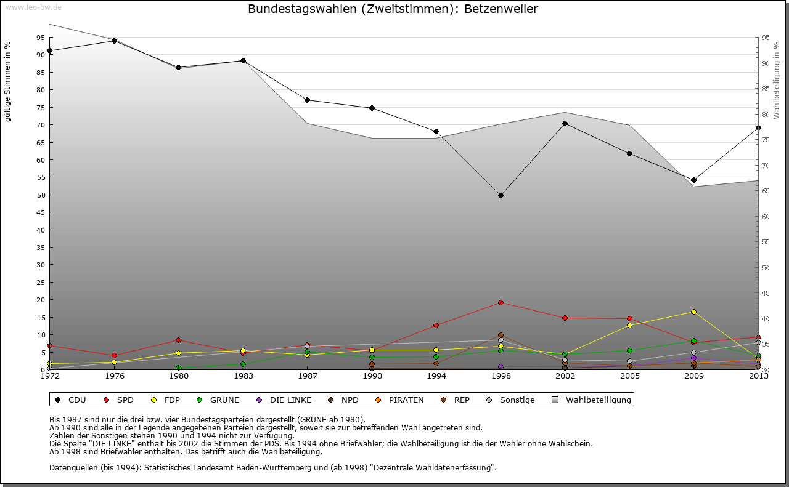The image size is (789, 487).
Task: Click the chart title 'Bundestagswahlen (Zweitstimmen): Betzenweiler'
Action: click(x=393, y=9)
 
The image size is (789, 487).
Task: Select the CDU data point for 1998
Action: click(x=501, y=195)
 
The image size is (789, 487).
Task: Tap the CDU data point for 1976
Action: click(x=114, y=41)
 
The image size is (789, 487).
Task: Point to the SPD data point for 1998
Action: click(x=501, y=302)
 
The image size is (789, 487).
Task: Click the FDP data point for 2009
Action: click(x=693, y=312)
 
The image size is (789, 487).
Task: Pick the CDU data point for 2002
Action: click(x=565, y=123)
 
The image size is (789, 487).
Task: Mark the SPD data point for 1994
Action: click(x=436, y=325)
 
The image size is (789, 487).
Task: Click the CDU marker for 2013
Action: click(x=758, y=127)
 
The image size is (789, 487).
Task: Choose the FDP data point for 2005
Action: click(x=629, y=325)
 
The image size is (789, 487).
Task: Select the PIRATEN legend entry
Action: click(x=400, y=400)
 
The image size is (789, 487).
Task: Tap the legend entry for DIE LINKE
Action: click(x=284, y=400)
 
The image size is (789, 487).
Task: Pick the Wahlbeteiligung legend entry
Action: click(x=591, y=400)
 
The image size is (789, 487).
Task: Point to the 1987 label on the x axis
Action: click(x=307, y=376)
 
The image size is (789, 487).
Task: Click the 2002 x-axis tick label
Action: click(x=565, y=376)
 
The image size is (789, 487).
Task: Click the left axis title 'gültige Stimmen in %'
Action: click(x=8, y=81)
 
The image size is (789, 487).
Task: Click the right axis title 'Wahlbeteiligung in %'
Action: click(x=777, y=80)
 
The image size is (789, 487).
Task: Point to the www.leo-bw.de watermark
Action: click(x=33, y=7)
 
